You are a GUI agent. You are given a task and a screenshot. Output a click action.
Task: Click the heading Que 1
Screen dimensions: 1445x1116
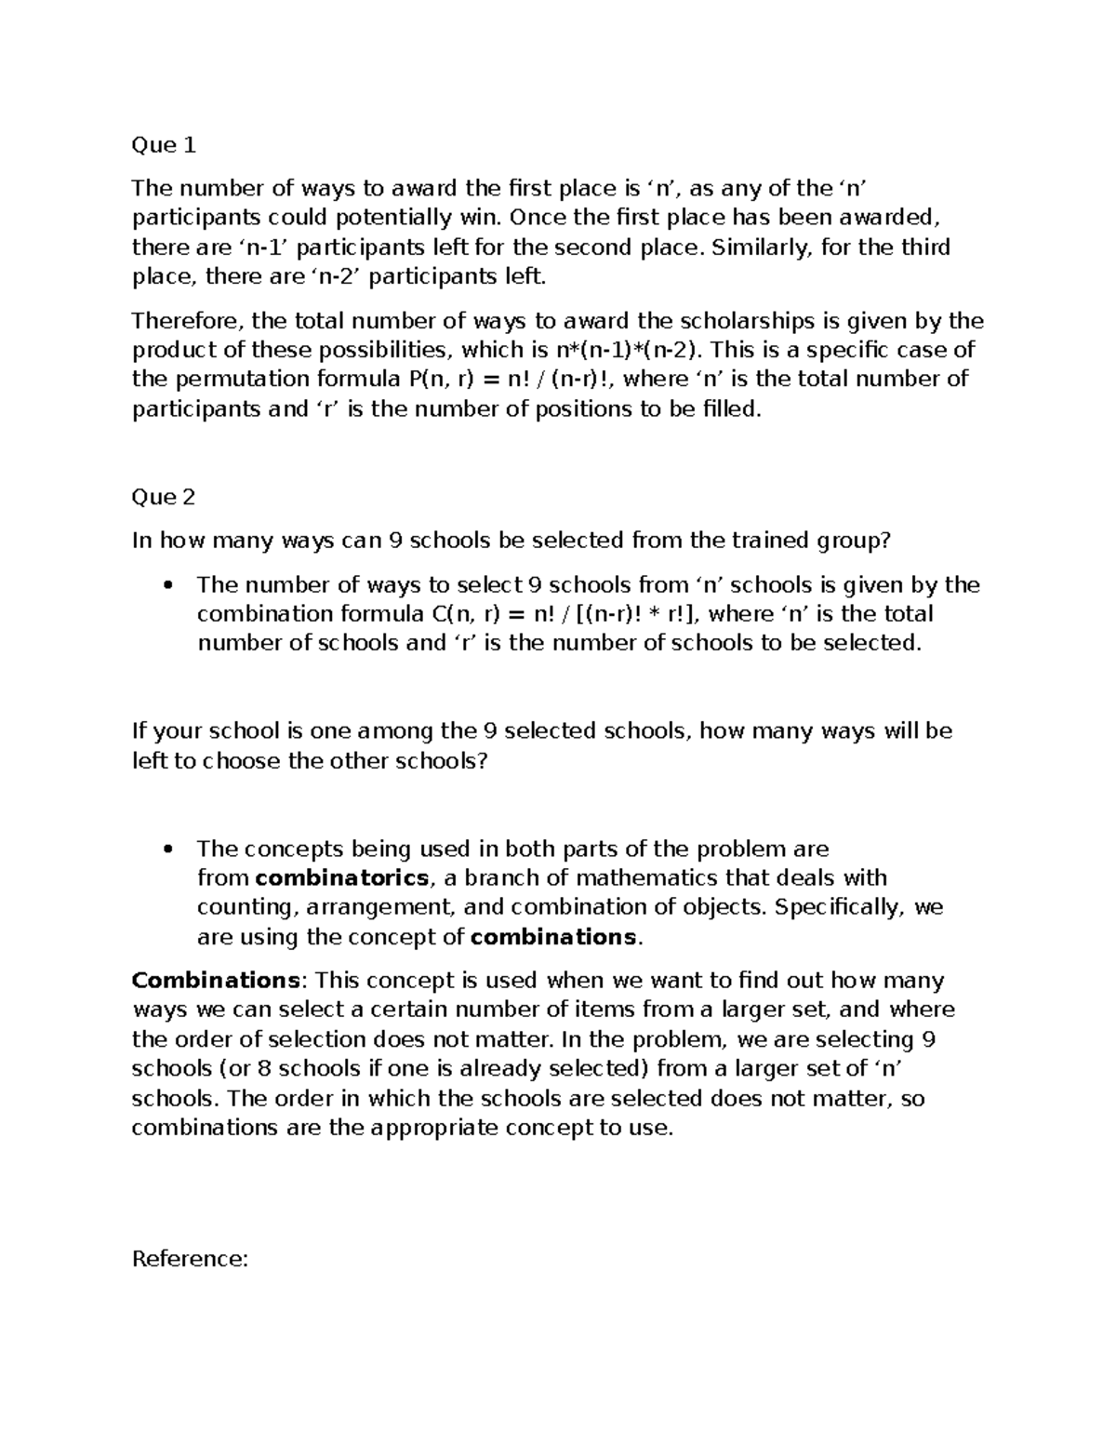pyautogui.click(x=164, y=145)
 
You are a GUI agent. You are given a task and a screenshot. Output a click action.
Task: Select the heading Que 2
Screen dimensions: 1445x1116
pyautogui.click(x=164, y=497)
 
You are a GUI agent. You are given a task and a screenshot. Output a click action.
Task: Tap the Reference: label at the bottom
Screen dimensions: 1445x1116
pyautogui.click(x=190, y=1260)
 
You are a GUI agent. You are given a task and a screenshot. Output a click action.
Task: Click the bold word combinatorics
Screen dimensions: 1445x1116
pyautogui.click(x=341, y=878)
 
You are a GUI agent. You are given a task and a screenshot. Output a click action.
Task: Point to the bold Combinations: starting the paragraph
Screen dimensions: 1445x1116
pyautogui.click(x=215, y=981)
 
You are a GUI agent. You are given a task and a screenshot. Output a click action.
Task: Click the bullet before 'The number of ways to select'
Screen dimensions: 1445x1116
pyautogui.click(x=168, y=585)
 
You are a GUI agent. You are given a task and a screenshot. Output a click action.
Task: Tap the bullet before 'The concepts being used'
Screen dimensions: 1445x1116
pyautogui.click(x=168, y=849)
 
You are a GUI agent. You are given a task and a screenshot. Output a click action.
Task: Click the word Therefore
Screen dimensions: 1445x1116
pyautogui.click(x=187, y=322)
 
